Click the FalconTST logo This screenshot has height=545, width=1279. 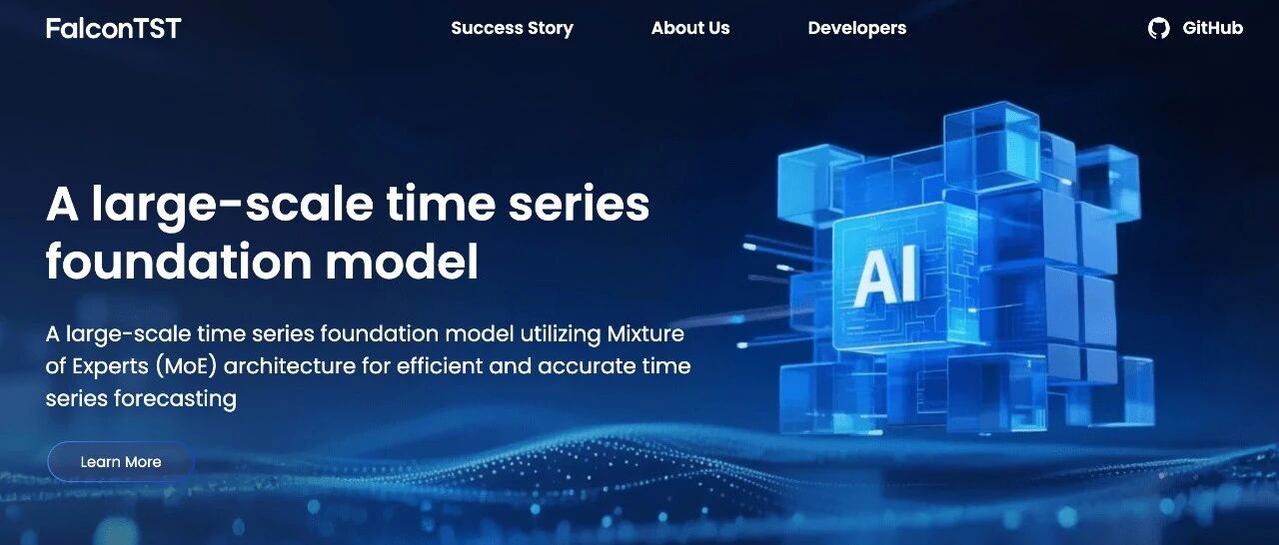tap(113, 29)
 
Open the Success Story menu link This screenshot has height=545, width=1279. tap(513, 28)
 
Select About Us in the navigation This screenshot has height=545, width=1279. tap(690, 28)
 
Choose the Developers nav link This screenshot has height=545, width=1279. tap(857, 29)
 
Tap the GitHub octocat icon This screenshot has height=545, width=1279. tap(1158, 29)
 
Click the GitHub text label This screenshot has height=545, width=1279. tap(1212, 28)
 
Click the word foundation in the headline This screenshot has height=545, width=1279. tap(179, 262)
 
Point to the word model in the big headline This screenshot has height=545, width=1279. tap(402, 262)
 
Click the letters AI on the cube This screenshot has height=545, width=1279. tap(885, 277)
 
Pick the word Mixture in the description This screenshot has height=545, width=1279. tap(645, 333)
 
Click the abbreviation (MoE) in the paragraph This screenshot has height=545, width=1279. tap(186, 366)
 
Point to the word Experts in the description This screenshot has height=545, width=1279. tap(110, 366)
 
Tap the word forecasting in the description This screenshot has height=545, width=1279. tap(175, 399)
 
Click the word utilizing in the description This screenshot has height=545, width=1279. tap(561, 334)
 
